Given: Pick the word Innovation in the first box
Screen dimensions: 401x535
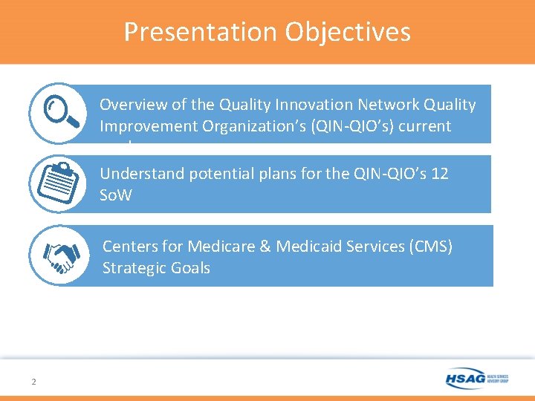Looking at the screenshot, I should tap(279, 105).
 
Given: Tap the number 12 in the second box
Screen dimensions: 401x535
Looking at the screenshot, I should tap(440, 175).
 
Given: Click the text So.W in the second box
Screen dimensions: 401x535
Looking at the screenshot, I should tap(116, 196).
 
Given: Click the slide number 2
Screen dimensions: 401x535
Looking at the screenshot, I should tap(33, 382).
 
